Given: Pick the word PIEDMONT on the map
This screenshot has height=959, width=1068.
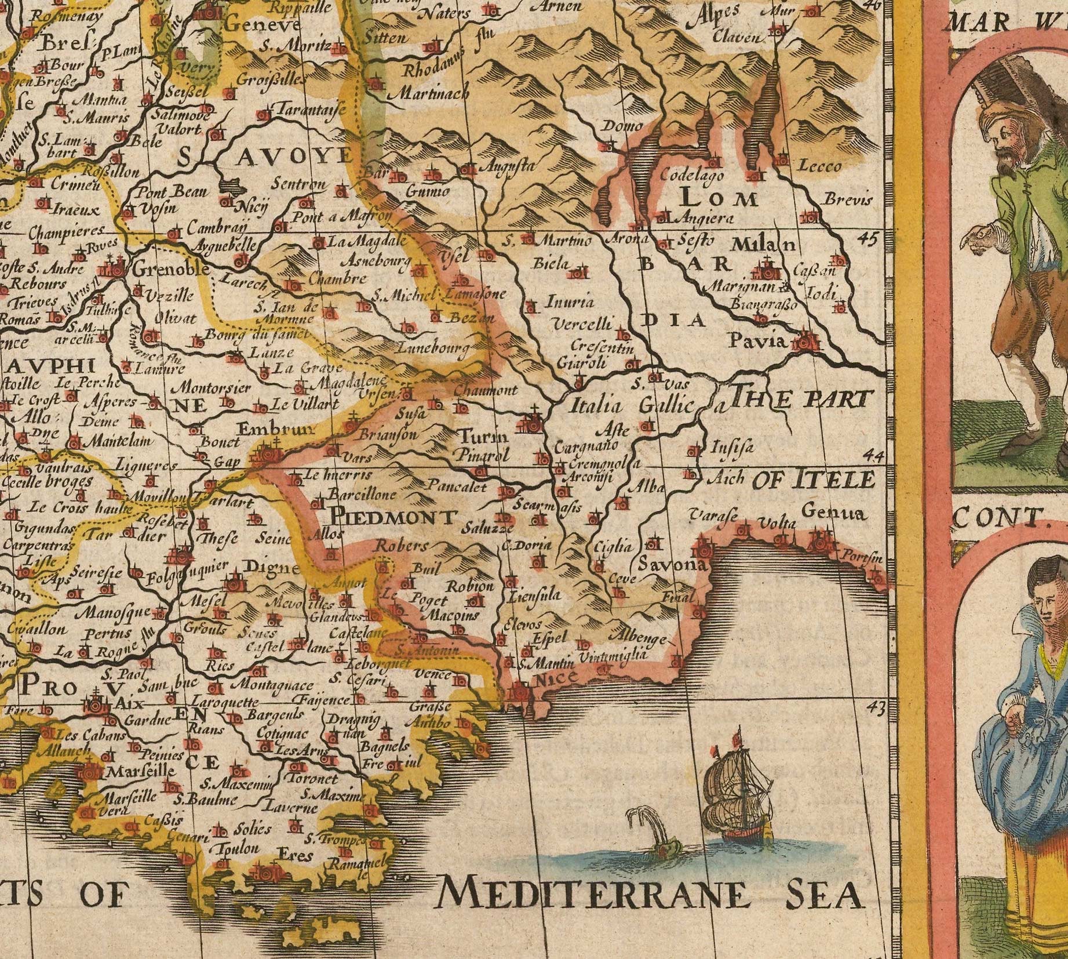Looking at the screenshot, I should tap(392, 517).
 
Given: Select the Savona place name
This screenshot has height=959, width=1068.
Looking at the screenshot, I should tap(672, 564).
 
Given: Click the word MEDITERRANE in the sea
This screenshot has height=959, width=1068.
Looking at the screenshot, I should tap(591, 895).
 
